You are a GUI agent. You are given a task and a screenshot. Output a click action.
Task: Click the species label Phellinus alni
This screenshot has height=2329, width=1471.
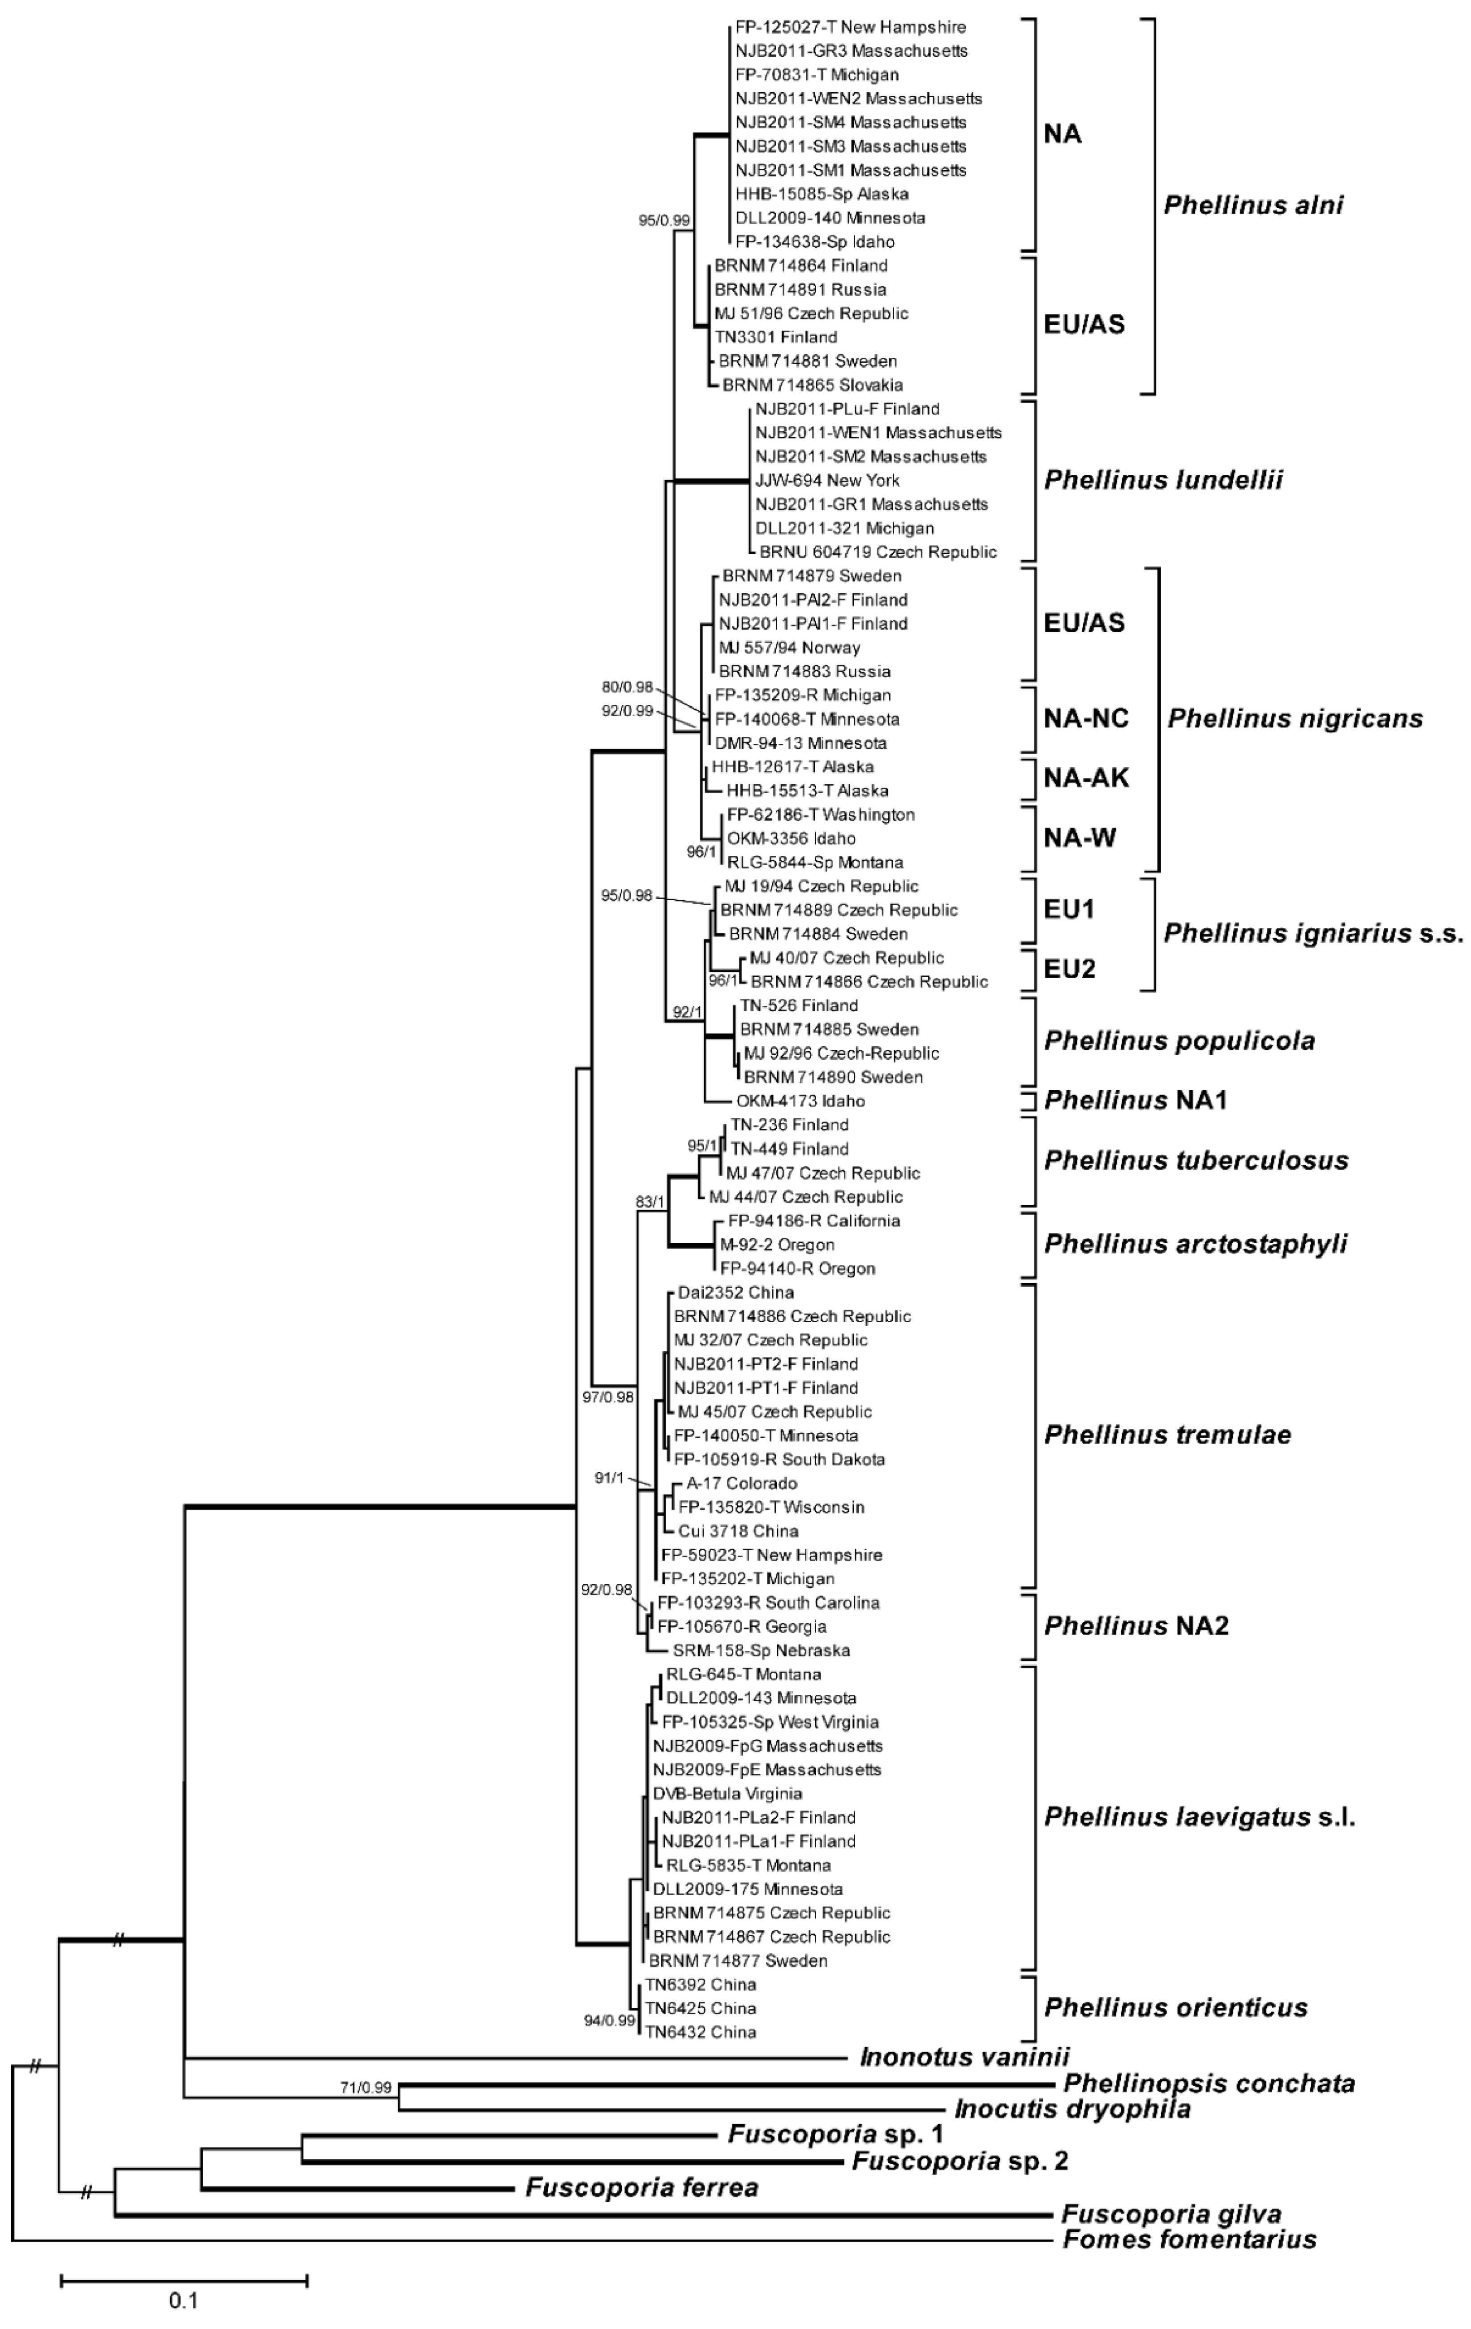click(x=1253, y=205)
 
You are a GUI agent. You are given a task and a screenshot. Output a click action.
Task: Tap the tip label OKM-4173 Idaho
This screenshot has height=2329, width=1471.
click(x=800, y=1100)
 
